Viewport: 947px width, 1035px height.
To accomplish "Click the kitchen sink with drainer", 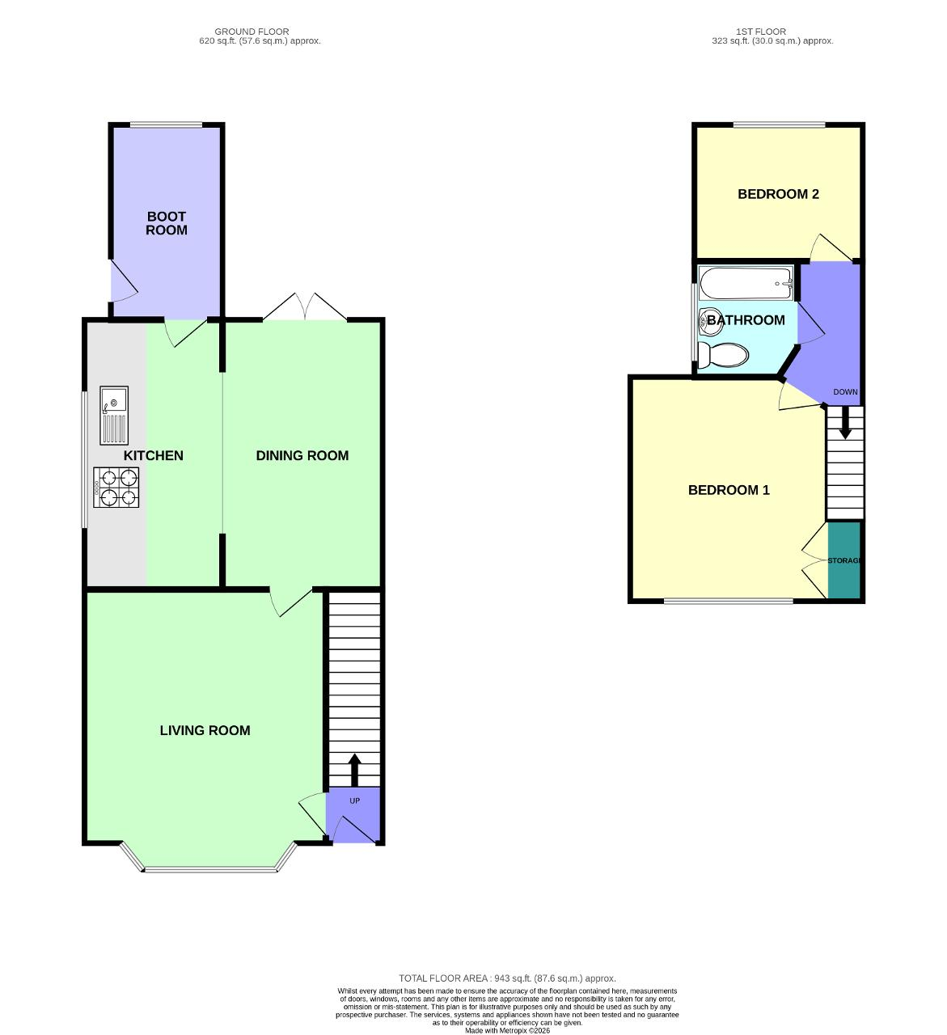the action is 114,416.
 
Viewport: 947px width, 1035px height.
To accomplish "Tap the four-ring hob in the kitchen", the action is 116,488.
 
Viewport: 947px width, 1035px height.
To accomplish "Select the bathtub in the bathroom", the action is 746,283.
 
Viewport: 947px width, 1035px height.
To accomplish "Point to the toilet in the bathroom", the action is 723,355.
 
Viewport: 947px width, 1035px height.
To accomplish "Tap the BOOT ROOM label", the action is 166,223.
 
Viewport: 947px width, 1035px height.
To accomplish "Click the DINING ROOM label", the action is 302,455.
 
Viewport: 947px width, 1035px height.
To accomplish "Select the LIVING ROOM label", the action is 205,731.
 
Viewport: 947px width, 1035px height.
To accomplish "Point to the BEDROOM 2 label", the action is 778,194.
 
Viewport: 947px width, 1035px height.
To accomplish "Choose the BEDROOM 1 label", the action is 729,490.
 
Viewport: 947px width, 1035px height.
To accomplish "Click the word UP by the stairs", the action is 354,801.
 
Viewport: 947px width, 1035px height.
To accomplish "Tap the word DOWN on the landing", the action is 845,392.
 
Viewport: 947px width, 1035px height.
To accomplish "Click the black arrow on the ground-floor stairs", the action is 354,770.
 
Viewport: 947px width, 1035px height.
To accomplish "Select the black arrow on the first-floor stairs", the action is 845,423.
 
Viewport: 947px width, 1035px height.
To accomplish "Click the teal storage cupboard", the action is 844,560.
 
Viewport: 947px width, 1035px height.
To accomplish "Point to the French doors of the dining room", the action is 305,307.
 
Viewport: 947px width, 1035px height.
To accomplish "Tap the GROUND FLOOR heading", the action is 252,32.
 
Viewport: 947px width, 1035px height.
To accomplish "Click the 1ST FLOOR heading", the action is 761,32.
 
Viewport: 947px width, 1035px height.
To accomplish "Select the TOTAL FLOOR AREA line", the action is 507,978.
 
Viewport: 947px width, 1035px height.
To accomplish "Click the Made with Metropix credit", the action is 507,1031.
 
